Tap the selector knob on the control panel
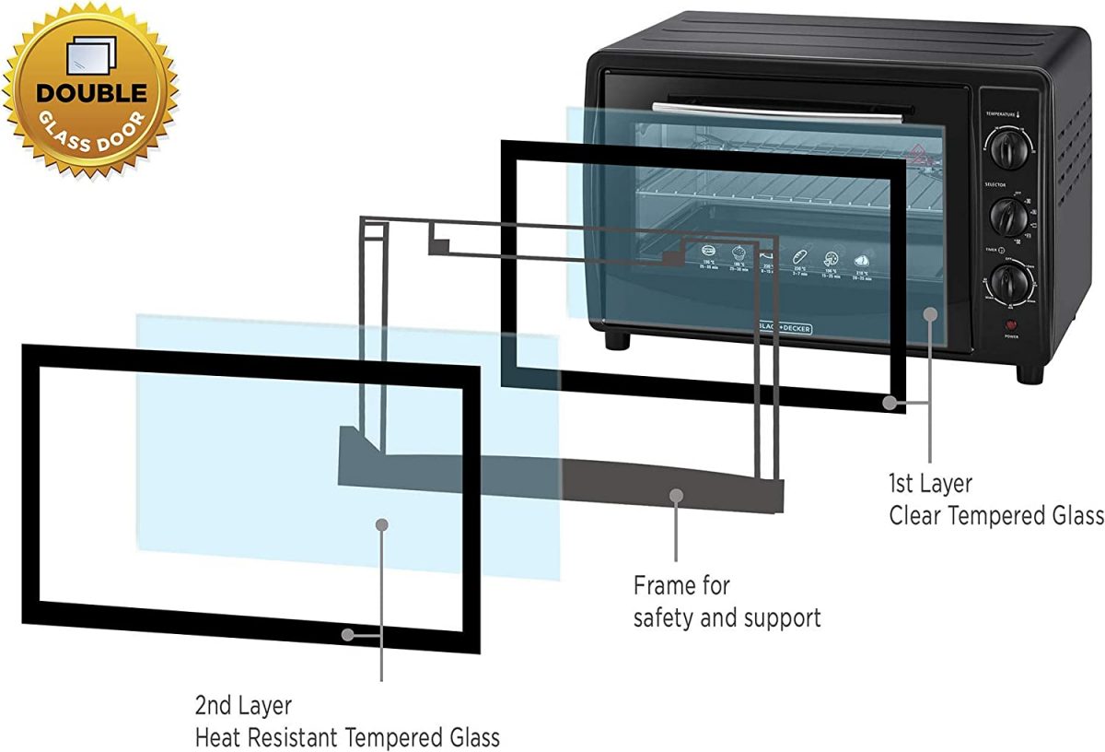1008,217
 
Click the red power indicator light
1012,325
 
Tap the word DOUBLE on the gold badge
91,93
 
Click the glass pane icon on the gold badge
93,56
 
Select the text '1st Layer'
930,483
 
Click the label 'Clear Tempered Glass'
995,516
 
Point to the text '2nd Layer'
243,706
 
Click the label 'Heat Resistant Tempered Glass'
347,737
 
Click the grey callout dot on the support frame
676,495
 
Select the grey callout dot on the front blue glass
381,523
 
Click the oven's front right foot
1029,373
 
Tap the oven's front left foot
617,340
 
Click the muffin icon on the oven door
739,254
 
